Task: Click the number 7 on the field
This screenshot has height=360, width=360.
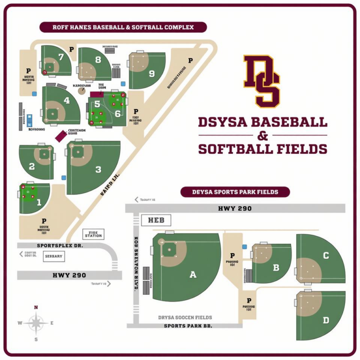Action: click(61, 57)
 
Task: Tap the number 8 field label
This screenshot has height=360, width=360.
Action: click(98, 60)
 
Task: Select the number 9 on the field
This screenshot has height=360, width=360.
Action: click(152, 74)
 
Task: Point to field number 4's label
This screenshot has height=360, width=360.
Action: click(67, 100)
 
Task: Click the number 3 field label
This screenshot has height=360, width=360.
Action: click(98, 169)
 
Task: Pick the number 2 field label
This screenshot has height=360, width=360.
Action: click(32, 166)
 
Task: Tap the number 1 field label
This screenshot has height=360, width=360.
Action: click(39, 202)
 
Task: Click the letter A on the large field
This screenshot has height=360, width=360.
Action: click(193, 275)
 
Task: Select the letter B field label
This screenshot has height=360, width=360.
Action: click(276, 268)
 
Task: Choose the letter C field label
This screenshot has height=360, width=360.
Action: click(326, 255)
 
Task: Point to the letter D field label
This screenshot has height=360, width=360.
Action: click(326, 320)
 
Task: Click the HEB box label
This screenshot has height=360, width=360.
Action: click(156, 220)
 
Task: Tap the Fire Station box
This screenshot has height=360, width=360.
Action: click(93, 234)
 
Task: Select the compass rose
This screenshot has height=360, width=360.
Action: click(36, 323)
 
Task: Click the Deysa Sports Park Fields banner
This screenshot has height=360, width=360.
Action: click(235, 192)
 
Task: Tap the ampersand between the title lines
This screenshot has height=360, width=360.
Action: click(262, 135)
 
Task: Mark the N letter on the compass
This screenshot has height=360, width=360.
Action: click(36, 307)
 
